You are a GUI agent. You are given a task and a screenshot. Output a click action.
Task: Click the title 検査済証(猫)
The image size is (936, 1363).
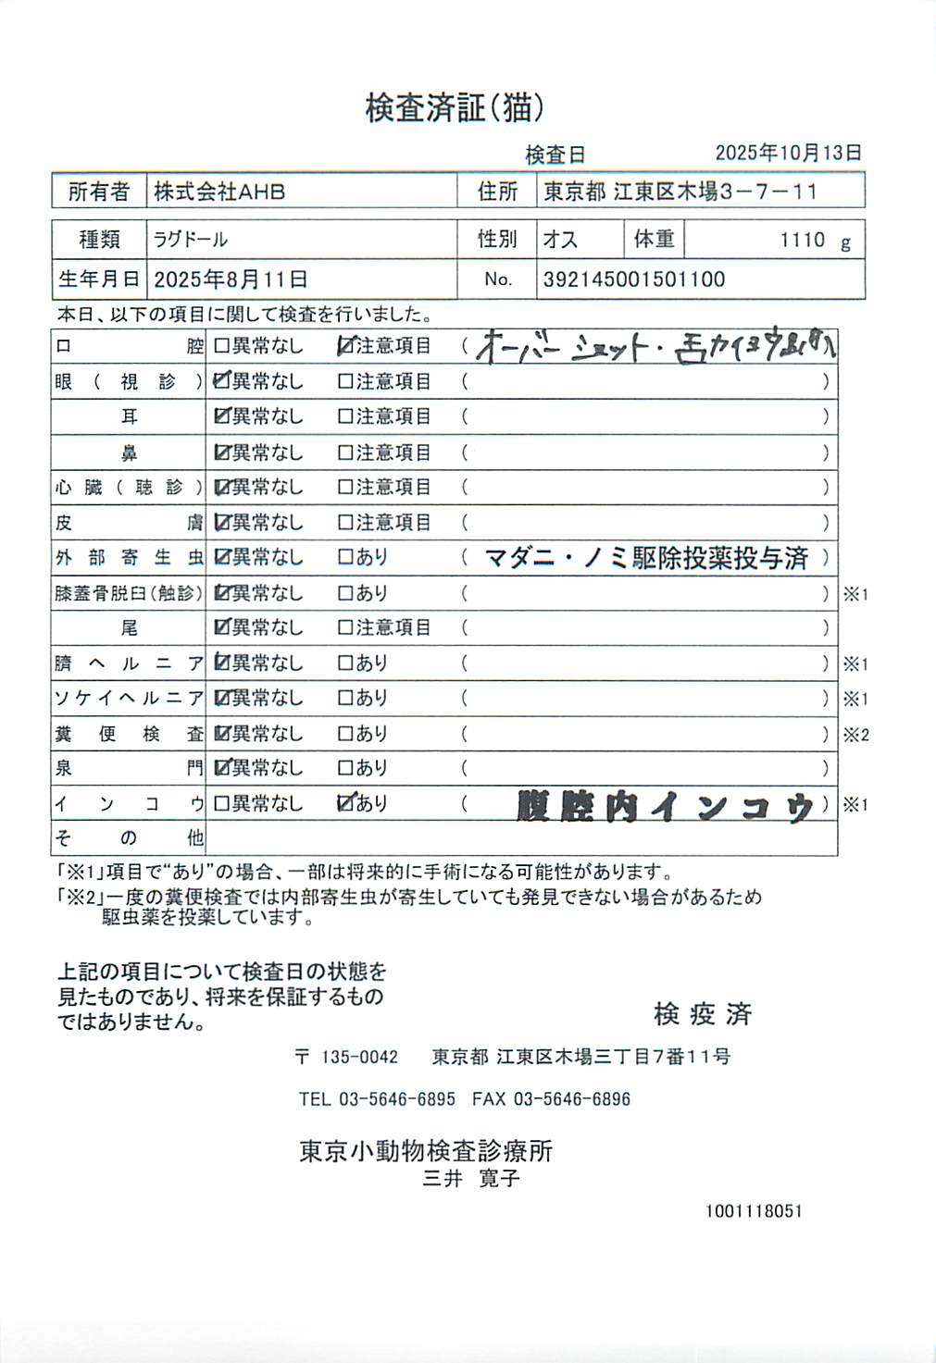click(x=454, y=108)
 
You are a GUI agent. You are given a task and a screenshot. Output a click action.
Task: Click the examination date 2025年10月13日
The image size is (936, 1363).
click(x=788, y=153)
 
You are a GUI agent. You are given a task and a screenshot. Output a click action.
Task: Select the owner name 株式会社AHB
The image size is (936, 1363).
click(x=219, y=192)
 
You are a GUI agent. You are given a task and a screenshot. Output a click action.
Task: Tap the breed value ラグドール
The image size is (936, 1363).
click(x=191, y=240)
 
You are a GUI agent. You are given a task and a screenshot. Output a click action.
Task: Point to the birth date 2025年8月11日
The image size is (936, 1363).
click(x=231, y=279)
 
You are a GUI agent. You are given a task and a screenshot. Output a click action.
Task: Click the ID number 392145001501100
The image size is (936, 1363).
click(x=633, y=279)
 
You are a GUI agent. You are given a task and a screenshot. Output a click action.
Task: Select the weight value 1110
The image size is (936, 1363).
click(x=802, y=241)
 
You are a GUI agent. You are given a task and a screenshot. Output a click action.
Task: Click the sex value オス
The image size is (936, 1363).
click(x=560, y=240)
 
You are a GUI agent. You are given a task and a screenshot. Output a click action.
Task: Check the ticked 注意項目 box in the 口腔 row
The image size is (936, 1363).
click(x=345, y=346)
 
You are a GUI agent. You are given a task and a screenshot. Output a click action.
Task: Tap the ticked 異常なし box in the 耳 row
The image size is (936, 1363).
click(x=221, y=416)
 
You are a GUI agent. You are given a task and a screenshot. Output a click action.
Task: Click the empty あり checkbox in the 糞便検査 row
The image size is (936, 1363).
click(x=345, y=734)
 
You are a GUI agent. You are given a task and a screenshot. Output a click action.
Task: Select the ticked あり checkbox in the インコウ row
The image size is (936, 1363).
click(x=345, y=803)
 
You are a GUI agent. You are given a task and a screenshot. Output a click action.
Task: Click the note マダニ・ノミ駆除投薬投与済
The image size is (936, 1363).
click(x=646, y=558)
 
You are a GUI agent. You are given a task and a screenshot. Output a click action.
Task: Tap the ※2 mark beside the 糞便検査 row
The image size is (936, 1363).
click(x=855, y=735)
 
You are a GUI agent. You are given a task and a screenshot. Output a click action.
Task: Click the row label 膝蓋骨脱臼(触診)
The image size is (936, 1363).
click(x=128, y=593)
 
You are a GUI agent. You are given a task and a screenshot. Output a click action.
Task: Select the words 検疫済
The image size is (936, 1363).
click(x=703, y=1014)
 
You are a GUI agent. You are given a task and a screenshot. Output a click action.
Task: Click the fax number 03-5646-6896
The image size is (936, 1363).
click(x=571, y=1099)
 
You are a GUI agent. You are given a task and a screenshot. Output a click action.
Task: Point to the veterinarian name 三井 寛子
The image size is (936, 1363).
click(x=471, y=1179)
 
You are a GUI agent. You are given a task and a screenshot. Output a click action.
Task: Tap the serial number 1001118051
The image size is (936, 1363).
click(x=754, y=1211)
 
